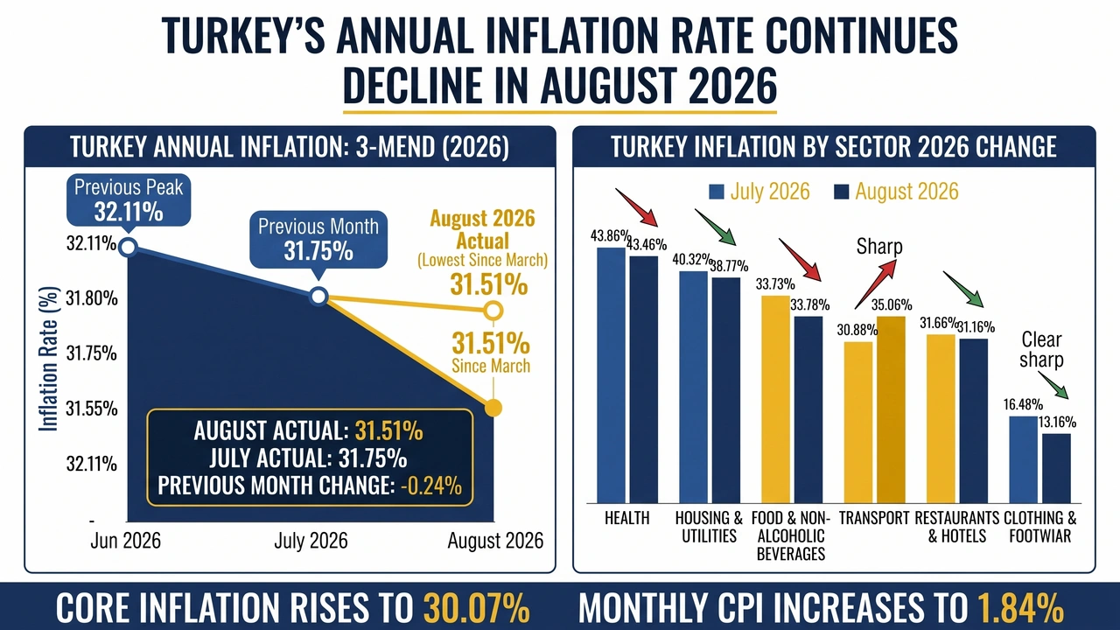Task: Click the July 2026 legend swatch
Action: click(717, 192)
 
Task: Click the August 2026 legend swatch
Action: click(842, 192)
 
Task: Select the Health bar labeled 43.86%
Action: click(611, 375)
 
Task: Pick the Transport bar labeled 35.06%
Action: click(891, 409)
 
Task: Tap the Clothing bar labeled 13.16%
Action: click(1056, 468)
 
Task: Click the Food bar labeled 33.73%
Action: click(775, 399)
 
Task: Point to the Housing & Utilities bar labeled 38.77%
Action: click(726, 390)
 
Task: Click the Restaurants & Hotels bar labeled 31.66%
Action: click(941, 418)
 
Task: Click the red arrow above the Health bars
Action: click(636, 207)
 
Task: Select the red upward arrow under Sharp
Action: click(876, 284)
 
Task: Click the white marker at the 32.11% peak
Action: click(129, 247)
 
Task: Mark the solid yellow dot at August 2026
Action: click(493, 408)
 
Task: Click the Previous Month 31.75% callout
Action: click(318, 240)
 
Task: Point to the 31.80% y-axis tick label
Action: click(92, 298)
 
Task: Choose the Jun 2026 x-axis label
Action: click(125, 541)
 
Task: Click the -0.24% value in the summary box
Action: click(431, 486)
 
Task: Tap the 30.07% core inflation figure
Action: click(477, 608)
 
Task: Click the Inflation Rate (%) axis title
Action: click(48, 359)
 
